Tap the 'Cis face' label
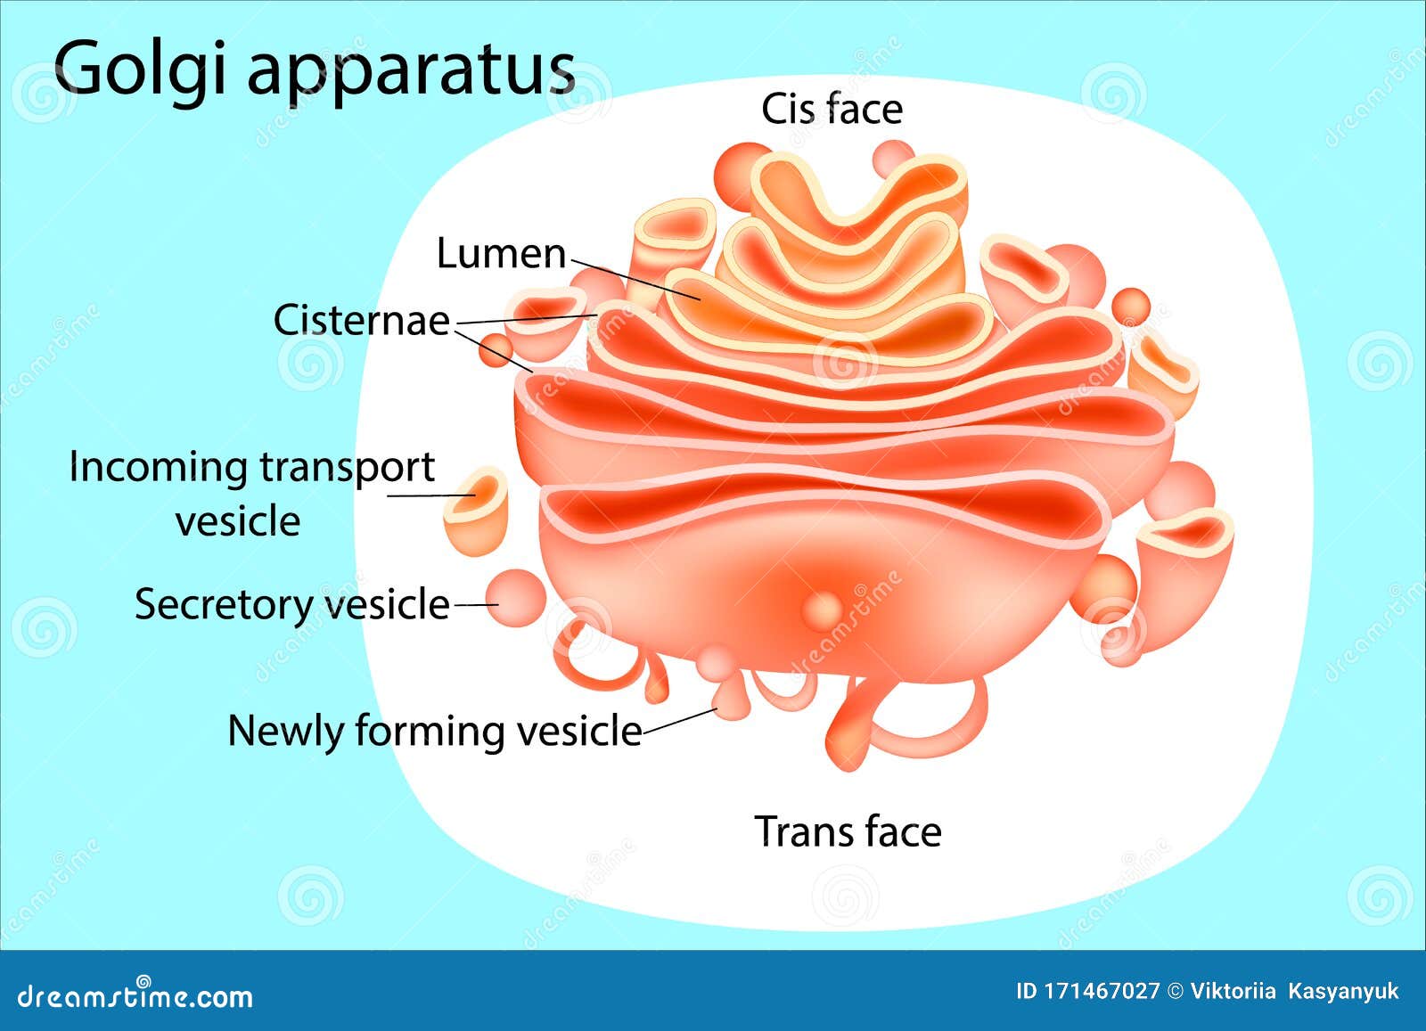(x=832, y=110)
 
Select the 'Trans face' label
(x=848, y=831)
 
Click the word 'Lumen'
(x=501, y=254)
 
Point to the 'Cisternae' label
(x=361, y=320)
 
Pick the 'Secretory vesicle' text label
(x=291, y=604)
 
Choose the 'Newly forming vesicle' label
(x=434, y=731)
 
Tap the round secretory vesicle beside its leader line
(x=515, y=597)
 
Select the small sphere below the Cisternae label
(x=495, y=349)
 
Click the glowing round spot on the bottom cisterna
(x=822, y=610)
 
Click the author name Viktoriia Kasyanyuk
(x=1294, y=991)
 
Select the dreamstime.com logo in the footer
(x=135, y=994)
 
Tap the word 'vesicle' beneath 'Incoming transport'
(x=238, y=521)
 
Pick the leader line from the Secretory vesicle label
(x=476, y=604)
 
